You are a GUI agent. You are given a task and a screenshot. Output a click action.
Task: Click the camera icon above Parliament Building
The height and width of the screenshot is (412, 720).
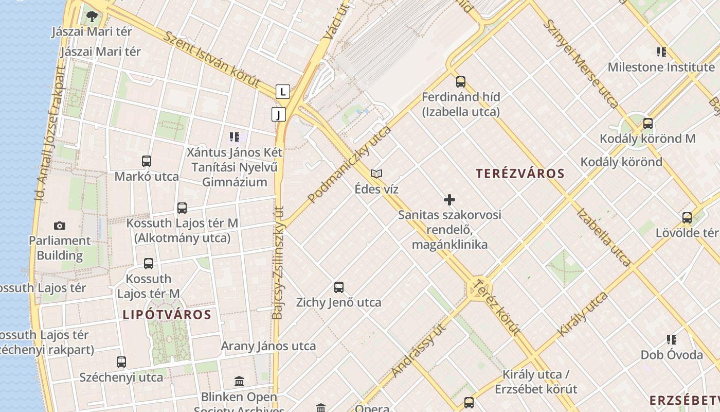60,226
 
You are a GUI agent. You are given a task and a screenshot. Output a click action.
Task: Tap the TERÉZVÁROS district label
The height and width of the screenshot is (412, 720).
520,174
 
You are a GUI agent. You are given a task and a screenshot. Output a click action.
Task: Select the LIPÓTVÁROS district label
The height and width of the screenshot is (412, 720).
167,315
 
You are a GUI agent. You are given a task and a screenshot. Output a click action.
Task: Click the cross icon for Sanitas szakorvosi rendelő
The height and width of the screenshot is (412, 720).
449,200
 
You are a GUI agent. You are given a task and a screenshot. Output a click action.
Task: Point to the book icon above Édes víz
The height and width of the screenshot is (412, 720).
377,174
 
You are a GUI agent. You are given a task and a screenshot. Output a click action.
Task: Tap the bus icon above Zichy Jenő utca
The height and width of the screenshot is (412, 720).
338,287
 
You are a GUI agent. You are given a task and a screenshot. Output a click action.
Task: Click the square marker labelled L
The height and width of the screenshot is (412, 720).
283,92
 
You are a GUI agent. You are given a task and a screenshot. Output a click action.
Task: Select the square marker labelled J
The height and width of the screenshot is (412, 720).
279,114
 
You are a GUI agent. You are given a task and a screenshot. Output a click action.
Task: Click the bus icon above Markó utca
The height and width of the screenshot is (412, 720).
147,161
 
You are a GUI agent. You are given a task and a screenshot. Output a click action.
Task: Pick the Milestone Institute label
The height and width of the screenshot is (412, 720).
661,67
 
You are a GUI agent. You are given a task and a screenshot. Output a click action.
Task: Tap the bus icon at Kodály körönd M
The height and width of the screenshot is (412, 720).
648,124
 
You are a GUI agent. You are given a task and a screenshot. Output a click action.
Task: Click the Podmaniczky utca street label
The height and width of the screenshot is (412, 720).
349,164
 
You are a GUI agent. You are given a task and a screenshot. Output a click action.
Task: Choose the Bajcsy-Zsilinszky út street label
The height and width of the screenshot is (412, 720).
278,263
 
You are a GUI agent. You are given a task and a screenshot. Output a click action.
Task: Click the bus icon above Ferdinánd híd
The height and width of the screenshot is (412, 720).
461,81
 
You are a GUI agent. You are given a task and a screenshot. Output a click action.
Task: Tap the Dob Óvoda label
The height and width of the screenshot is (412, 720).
671,355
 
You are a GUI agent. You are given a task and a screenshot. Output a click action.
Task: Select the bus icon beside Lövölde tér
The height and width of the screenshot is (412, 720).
687,218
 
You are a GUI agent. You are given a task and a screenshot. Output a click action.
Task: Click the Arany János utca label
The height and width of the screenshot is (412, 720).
268,346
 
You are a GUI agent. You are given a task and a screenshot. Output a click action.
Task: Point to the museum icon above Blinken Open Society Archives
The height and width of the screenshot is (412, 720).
239,382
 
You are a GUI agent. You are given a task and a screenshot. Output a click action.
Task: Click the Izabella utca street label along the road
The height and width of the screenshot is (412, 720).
603,237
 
